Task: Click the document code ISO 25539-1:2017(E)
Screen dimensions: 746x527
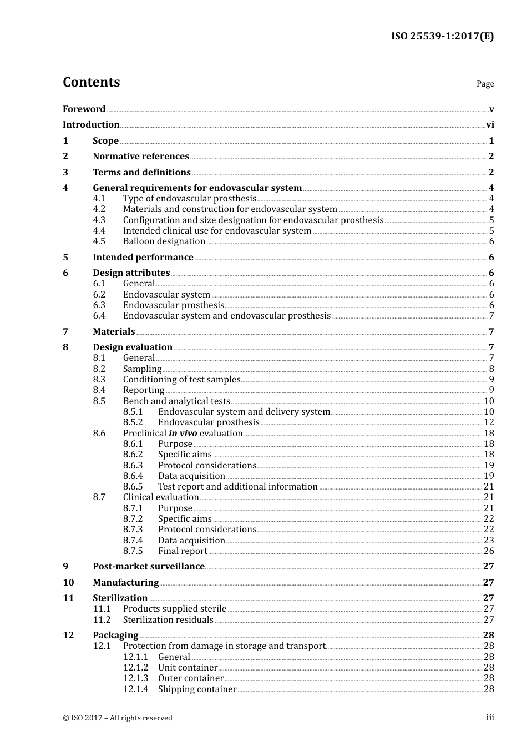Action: pyautogui.click(x=442, y=36)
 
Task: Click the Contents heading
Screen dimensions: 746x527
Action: pyautogui.click(x=91, y=82)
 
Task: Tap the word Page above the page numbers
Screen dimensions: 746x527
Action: pyautogui.click(x=485, y=84)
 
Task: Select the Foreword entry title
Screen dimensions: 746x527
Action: pyautogui.click(x=84, y=109)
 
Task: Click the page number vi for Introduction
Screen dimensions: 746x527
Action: pyautogui.click(x=490, y=125)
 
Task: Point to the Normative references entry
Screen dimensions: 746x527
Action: pyautogui.click(x=141, y=157)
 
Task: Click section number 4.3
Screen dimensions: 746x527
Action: pyautogui.click(x=99, y=220)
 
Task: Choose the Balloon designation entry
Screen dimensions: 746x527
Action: pyautogui.click(x=164, y=241)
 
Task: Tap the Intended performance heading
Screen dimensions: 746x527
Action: pyautogui.click(x=143, y=257)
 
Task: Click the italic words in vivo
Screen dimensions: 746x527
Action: pyautogui.click(x=183, y=434)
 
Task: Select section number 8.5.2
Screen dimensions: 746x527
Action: pyautogui.click(x=133, y=422)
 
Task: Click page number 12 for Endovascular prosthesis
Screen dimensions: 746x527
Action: pyautogui.click(x=489, y=422)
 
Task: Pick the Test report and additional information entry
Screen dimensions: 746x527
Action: pyautogui.click(x=237, y=487)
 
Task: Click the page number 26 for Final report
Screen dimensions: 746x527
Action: pyautogui.click(x=489, y=551)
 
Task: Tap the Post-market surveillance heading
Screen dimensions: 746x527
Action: pyautogui.click(x=149, y=567)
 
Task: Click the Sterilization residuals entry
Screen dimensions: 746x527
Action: pyautogui.click(x=168, y=620)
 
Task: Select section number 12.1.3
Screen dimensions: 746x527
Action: pyautogui.click(x=136, y=678)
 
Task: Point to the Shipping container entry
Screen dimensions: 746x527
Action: pyautogui.click(x=197, y=689)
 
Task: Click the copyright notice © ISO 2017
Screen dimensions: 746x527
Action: pyautogui.click(x=118, y=718)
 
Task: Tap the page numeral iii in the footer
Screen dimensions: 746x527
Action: pyautogui.click(x=490, y=718)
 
